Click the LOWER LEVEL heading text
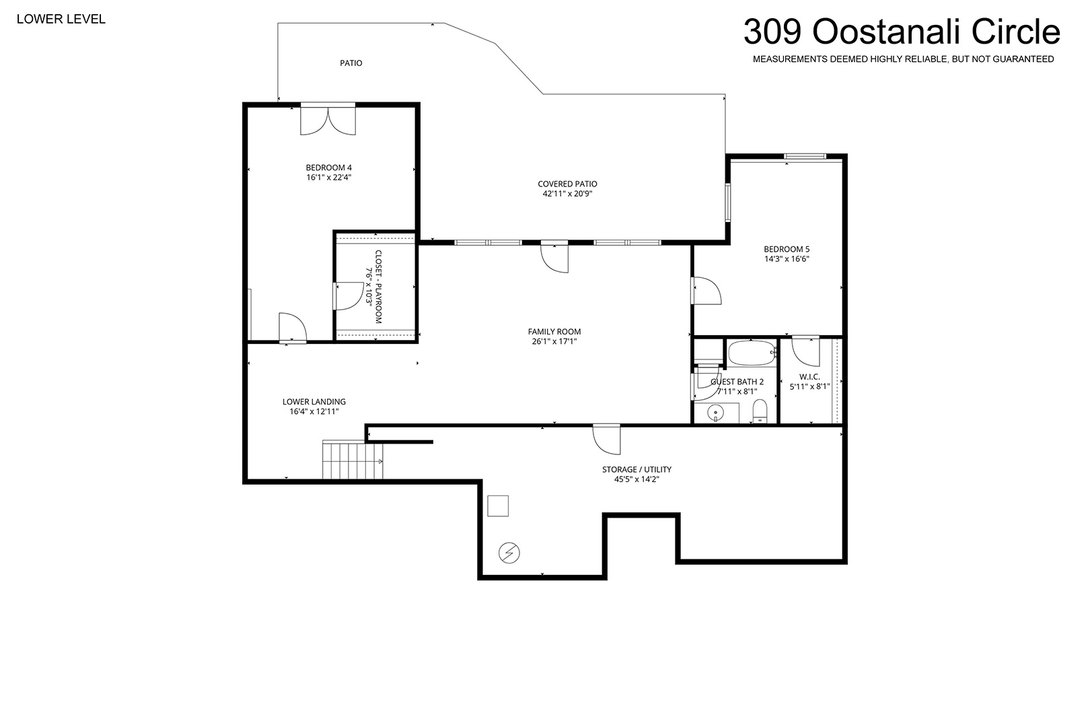click(61, 19)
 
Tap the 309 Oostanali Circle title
click(902, 32)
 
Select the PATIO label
click(351, 63)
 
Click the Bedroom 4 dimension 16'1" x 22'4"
click(329, 177)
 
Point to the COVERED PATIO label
click(567, 184)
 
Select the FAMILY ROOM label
click(554, 332)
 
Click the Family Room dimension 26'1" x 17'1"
click(554, 341)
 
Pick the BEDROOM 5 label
click(787, 249)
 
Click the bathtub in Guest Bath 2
click(752, 353)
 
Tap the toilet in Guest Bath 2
click(760, 411)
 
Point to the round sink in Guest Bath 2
click(716, 413)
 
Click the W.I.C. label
click(809, 377)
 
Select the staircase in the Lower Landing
click(353, 460)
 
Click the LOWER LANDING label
click(314, 402)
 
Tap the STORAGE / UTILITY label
click(637, 469)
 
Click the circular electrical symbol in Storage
click(509, 553)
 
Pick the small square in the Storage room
click(498, 506)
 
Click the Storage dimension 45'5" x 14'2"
click(637, 479)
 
